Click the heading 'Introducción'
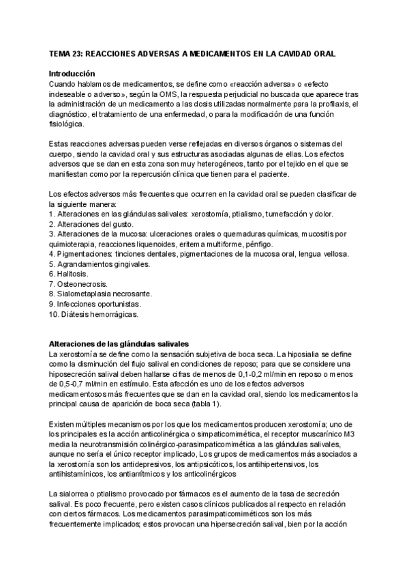(x=72, y=73)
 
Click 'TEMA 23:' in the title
(x=65, y=53)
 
